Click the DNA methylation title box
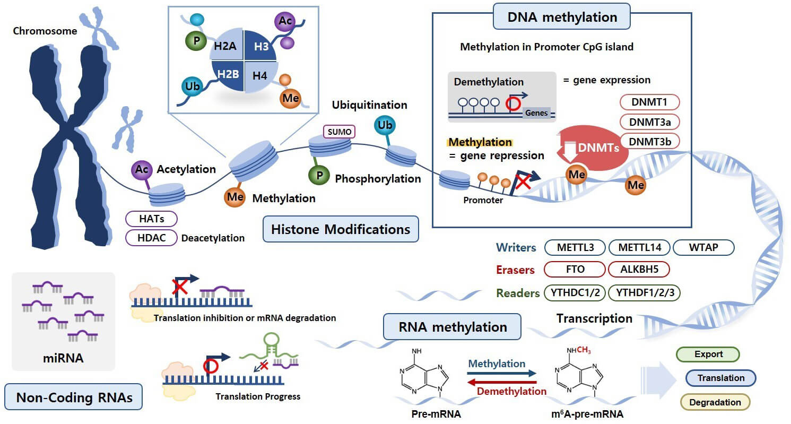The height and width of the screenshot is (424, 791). (x=562, y=18)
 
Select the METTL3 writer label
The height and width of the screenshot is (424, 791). (x=576, y=248)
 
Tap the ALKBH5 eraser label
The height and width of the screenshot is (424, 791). (x=639, y=270)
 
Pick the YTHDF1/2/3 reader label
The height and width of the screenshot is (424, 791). (x=644, y=293)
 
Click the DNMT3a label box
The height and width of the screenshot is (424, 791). (x=649, y=122)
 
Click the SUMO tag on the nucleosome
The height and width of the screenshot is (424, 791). (x=338, y=131)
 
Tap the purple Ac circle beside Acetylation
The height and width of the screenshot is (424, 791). (x=141, y=169)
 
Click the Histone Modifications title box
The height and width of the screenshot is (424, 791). (x=341, y=230)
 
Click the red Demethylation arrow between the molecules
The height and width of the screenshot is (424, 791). (x=502, y=383)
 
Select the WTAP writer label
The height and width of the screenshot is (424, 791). (x=703, y=248)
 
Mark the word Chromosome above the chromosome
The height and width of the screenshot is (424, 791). (x=45, y=31)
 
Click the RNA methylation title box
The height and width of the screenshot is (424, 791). (x=453, y=327)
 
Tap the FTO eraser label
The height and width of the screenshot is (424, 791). (x=575, y=270)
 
